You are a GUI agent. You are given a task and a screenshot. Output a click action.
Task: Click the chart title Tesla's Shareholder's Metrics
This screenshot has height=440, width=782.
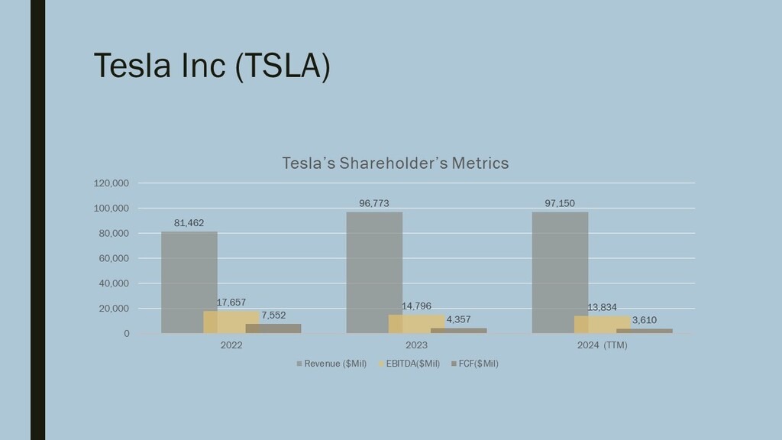(x=395, y=163)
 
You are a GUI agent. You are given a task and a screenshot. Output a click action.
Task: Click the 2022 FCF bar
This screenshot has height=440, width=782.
(x=273, y=328)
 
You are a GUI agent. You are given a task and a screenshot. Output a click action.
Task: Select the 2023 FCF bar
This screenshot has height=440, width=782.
(x=458, y=331)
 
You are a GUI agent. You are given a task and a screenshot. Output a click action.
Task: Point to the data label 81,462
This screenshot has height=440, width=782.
(x=189, y=223)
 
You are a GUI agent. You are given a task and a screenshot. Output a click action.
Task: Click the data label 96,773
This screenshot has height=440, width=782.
(x=374, y=203)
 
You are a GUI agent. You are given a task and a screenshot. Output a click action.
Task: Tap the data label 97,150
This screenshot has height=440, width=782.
(x=560, y=203)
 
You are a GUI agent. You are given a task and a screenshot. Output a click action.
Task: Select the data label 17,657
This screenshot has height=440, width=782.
(x=231, y=302)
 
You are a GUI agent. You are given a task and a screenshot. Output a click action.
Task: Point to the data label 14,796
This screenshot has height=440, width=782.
(x=416, y=306)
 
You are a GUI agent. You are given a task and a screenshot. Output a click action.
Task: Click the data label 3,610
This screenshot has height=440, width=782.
(x=644, y=320)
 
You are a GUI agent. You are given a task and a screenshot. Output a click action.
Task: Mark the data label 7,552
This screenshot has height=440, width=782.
(x=273, y=315)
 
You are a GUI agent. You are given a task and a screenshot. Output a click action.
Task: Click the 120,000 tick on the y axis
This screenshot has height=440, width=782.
(x=111, y=183)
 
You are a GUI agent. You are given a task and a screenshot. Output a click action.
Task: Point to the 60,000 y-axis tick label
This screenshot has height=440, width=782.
(x=114, y=258)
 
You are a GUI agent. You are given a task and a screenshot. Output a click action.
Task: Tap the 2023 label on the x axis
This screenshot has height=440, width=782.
(x=416, y=345)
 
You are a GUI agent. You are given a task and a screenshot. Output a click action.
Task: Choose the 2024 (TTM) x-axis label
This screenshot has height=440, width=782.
(x=602, y=345)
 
